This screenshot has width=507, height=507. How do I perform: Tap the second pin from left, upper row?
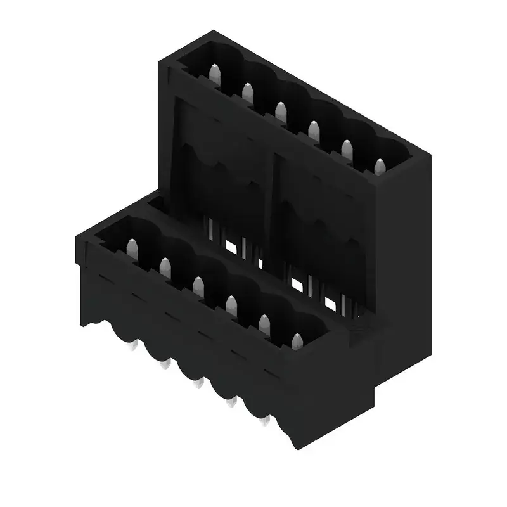pyautogui.click(x=247, y=94)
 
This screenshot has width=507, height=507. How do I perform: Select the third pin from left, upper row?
pyautogui.click(x=280, y=112)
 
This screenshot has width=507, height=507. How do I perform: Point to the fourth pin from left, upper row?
pyautogui.click(x=313, y=131)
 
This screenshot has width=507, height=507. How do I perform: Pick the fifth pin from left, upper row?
pyautogui.click(x=346, y=150)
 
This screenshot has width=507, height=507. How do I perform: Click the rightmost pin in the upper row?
pyautogui.click(x=379, y=168)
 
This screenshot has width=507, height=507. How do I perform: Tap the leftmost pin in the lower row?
pyautogui.click(x=132, y=249)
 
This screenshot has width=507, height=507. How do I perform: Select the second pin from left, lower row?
pyautogui.click(x=165, y=268)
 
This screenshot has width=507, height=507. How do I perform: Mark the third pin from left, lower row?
pyautogui.click(x=198, y=286)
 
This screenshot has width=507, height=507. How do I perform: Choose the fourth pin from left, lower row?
pyautogui.click(x=231, y=305)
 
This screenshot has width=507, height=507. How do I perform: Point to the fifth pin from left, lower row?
pyautogui.click(x=264, y=324)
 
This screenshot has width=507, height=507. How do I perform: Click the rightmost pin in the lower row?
pyautogui.click(x=297, y=342)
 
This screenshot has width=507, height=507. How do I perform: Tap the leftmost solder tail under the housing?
pyautogui.click(x=133, y=346)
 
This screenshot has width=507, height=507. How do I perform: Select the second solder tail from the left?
pyautogui.click(x=166, y=365)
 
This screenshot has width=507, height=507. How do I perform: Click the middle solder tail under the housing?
pyautogui.click(x=199, y=383)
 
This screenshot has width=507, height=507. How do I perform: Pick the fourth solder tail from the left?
pyautogui.click(x=232, y=402)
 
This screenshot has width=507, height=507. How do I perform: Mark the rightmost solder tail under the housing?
pyautogui.click(x=265, y=420)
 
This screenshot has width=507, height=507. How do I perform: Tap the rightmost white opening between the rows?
pyautogui.click(x=330, y=304)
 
